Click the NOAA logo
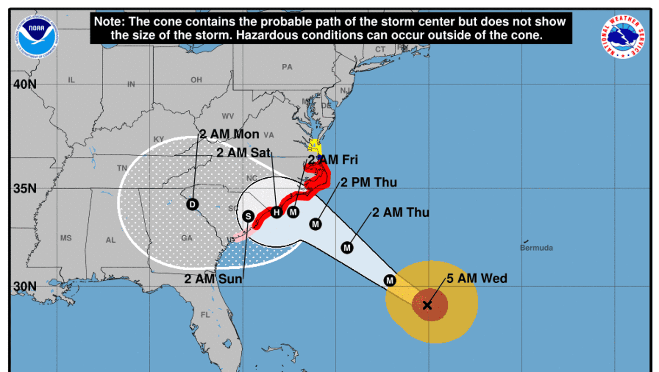pyautogui.click(x=37, y=37)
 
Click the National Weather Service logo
pyautogui.click(x=623, y=37)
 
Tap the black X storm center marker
pyautogui.click(x=427, y=305)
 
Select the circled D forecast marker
pyautogui.click(x=192, y=204)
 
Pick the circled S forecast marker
pyautogui.click(x=248, y=216)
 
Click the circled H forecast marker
pyautogui.click(x=277, y=212)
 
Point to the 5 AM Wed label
pyautogui.click(x=477, y=279)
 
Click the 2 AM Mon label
pyautogui.click(x=229, y=134)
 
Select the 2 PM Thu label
pyautogui.click(x=369, y=182)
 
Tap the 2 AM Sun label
pyautogui.click(x=213, y=279)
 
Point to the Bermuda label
pyautogui.click(x=536, y=248)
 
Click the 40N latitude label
pyautogui.click(x=24, y=85)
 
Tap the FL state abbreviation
pyautogui.click(x=206, y=314)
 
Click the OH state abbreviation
pyautogui.click(x=196, y=80)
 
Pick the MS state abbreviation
pyautogui.click(x=66, y=238)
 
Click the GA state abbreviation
pyautogui.click(x=187, y=238)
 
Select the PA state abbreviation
pyautogui.click(x=287, y=67)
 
